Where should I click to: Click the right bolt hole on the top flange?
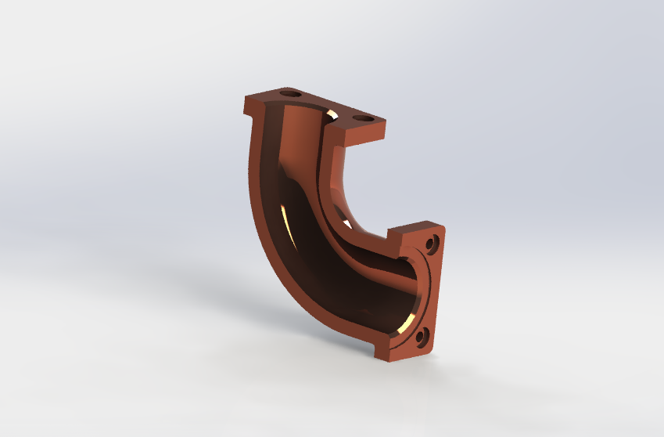363,119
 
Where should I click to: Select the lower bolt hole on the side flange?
422,338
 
